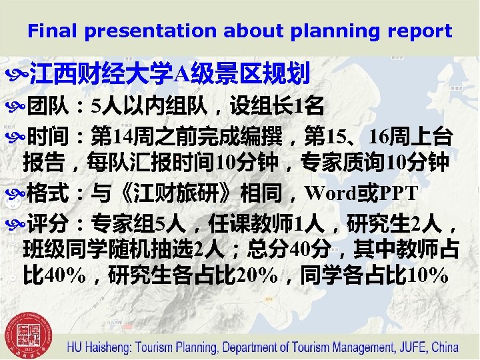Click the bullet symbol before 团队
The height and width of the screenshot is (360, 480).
click(x=17, y=105)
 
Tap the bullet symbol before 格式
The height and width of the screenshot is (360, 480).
click(x=17, y=193)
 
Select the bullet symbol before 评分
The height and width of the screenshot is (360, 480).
click(x=17, y=223)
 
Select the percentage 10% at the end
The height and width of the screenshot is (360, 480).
click(x=427, y=275)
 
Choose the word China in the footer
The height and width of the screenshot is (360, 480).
click(x=445, y=347)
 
